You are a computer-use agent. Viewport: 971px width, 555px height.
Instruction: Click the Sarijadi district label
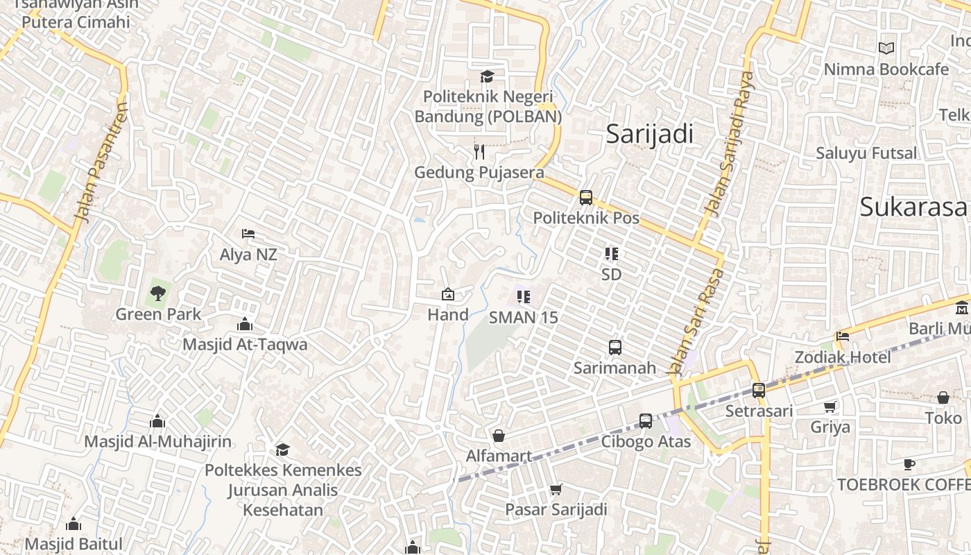pos(649,134)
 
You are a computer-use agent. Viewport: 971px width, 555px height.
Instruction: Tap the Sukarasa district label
pos(913,207)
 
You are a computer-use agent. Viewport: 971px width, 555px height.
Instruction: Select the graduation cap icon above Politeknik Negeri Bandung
pos(488,76)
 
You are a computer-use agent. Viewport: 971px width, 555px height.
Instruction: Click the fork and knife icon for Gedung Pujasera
pos(479,152)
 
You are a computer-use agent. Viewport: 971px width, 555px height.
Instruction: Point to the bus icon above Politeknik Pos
pos(586,198)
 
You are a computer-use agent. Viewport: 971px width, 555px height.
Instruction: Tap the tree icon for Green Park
pos(158,293)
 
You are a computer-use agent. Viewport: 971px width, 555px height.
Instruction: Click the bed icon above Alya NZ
pos(248,234)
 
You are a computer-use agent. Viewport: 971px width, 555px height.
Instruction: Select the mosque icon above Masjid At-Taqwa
pos(244,324)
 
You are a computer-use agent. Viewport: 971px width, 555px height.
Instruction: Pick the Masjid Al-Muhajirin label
pos(157,441)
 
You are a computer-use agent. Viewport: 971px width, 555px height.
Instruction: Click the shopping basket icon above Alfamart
pos(498,436)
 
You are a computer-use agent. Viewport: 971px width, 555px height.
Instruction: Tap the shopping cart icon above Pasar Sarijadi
pos(556,490)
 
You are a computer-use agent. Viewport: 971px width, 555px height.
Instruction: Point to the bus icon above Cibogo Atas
pos(646,420)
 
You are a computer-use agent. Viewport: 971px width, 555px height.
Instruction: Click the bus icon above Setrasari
pos(759,391)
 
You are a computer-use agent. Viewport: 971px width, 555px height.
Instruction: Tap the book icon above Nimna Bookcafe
pos(886,49)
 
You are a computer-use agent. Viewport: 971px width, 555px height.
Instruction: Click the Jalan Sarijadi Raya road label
pos(728,142)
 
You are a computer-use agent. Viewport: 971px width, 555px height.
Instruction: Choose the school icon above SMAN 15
pos(524,297)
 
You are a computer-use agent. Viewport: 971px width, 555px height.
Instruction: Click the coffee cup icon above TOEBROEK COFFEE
pos(909,464)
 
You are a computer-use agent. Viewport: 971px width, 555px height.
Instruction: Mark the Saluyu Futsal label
pos(866,153)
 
